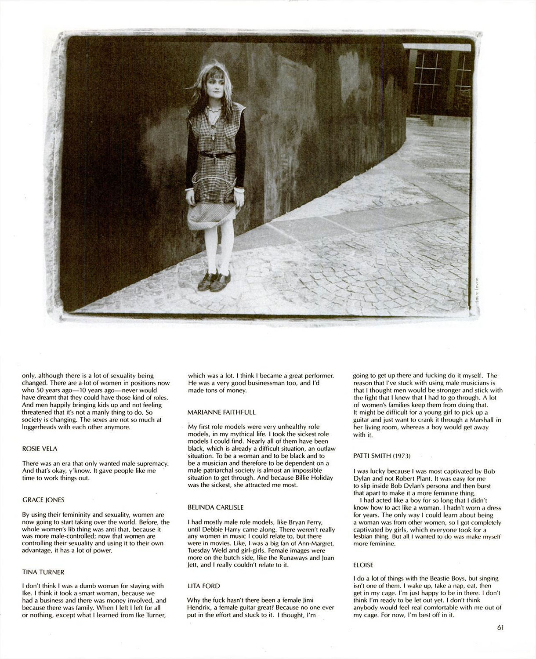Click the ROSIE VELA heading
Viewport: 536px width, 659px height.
40,449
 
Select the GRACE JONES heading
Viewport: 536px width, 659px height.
43,500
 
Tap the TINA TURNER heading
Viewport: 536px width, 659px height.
43,572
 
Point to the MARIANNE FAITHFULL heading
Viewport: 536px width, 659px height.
221,412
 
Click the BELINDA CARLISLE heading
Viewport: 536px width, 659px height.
215,507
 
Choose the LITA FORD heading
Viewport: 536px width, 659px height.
203,586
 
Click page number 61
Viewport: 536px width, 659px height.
500,627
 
